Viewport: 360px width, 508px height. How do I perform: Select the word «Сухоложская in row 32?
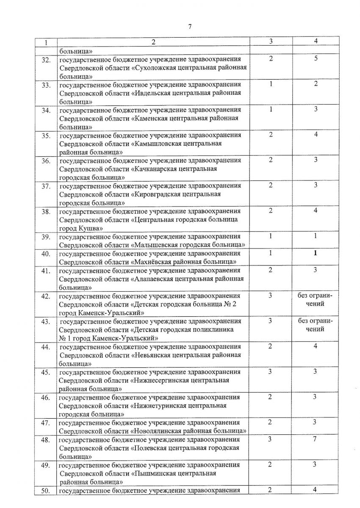coord(155,68)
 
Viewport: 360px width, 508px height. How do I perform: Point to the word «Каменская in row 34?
coord(152,118)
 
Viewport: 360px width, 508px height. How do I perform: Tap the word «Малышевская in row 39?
coord(157,245)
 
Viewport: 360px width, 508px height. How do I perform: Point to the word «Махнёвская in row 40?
coord(154,262)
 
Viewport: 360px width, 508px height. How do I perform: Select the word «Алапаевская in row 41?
coord(155,279)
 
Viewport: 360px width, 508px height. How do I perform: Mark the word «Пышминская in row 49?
coord(156,473)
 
